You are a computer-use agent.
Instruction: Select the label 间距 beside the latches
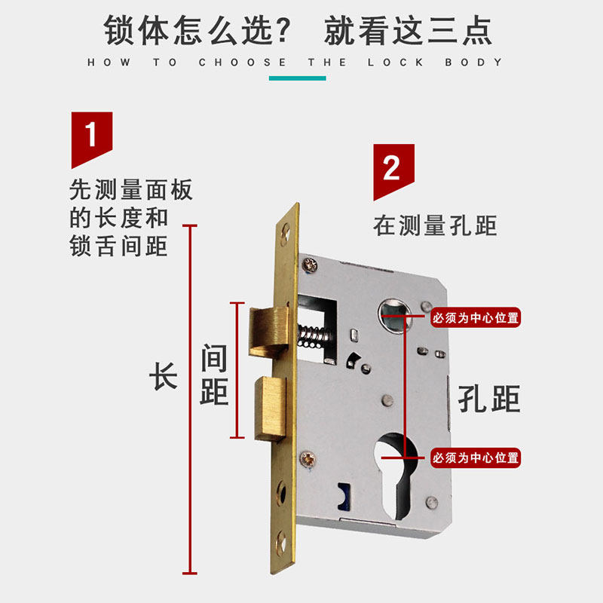click(x=214, y=375)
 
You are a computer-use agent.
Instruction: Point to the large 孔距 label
click(x=490, y=397)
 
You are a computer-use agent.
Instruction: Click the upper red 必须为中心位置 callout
click(x=476, y=318)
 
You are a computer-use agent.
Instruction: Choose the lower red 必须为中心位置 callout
click(x=476, y=457)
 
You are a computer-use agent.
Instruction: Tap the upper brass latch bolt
click(x=266, y=329)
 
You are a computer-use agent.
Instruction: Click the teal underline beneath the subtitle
click(x=296, y=78)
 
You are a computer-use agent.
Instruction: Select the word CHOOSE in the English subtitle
click(x=243, y=63)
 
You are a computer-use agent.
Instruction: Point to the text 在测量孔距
click(x=435, y=225)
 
